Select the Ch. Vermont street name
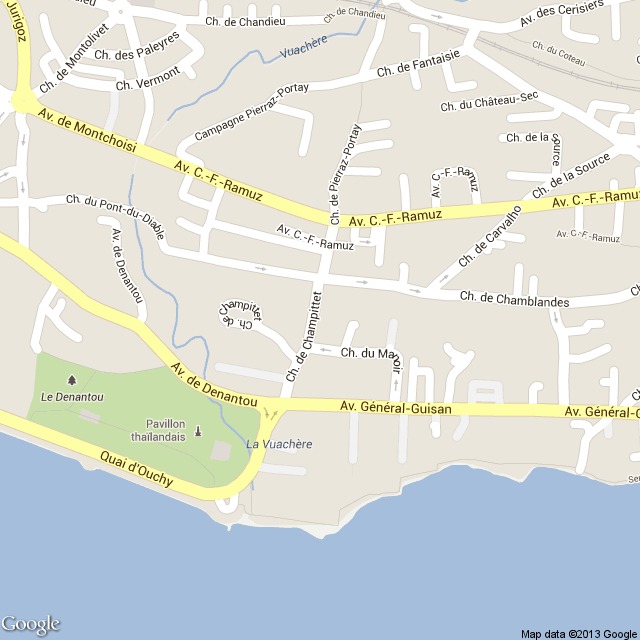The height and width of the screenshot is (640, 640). (x=148, y=79)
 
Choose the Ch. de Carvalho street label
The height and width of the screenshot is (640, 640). (x=491, y=233)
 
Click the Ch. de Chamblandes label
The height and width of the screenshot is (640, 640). (x=514, y=300)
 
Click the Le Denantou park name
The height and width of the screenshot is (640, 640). (x=72, y=397)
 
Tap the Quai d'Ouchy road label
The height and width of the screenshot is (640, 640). (x=136, y=469)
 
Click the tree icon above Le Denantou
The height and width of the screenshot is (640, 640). (x=71, y=380)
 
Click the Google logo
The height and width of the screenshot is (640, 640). (x=31, y=624)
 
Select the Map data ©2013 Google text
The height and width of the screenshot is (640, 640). (x=578, y=633)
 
